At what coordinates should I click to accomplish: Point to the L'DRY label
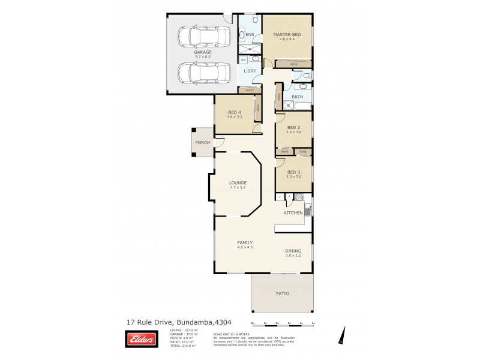point(250,71)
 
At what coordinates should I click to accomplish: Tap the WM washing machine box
point(243,60)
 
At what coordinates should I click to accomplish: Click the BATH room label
point(297,97)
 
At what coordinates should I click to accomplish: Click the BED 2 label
point(293,128)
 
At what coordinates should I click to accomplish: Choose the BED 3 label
point(293,172)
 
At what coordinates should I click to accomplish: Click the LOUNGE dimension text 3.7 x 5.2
point(237,188)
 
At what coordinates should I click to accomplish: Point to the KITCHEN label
point(293,213)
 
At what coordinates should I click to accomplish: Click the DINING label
point(293,251)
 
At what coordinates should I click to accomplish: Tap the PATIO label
point(282,293)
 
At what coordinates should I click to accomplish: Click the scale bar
point(283,325)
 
